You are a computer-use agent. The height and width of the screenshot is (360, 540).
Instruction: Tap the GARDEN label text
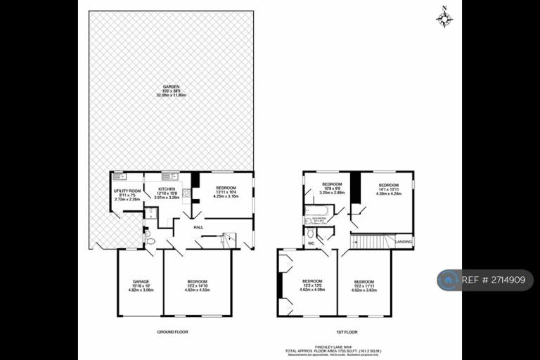(x=167, y=87)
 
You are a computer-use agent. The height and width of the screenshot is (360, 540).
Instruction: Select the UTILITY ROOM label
(x=127, y=191)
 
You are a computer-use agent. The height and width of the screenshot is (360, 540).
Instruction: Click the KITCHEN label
(x=167, y=189)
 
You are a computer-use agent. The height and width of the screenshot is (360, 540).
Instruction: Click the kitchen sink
(x=168, y=176)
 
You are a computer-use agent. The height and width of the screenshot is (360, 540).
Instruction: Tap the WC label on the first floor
(x=311, y=243)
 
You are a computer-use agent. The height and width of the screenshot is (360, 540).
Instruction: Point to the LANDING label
(x=404, y=241)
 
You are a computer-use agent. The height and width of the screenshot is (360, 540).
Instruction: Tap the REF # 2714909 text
(x=494, y=280)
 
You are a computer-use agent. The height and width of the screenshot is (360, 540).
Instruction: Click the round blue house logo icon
(x=448, y=280)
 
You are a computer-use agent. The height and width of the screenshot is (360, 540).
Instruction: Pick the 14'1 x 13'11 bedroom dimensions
(x=388, y=193)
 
